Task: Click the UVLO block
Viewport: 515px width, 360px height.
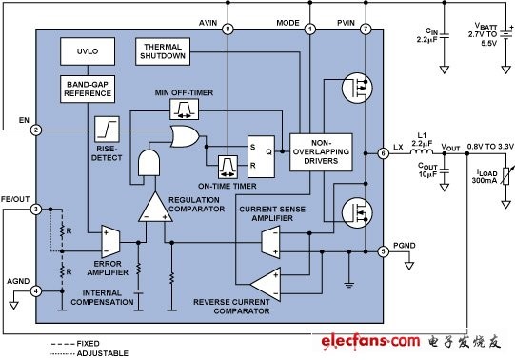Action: coord(88,51)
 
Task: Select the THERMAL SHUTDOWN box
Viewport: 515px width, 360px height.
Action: coord(163,51)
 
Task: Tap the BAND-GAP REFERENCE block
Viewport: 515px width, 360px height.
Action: coord(88,89)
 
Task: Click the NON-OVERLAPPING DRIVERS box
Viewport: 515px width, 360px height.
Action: coord(321,152)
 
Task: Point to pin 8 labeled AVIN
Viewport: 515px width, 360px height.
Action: coord(228,30)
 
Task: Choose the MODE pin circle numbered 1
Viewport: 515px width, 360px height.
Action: coord(309,30)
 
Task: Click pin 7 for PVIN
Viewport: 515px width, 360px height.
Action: coord(366,30)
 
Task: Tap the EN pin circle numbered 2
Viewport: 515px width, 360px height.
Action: coord(36,130)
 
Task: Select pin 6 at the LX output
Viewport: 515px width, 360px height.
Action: coord(383,153)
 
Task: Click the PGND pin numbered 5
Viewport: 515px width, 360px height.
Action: coord(383,251)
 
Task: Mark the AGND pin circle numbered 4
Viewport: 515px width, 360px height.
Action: coord(36,291)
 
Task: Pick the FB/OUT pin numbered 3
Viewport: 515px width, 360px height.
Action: coord(36,210)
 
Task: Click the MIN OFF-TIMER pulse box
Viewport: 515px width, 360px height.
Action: coord(185,110)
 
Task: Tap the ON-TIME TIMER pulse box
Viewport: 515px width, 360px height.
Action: coord(228,167)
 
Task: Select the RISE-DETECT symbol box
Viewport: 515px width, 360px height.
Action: coord(107,130)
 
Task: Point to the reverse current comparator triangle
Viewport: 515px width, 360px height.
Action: coord(266,284)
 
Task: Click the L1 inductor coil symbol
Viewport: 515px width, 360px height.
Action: coord(422,151)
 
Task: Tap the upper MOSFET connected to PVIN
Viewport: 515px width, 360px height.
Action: coord(357,88)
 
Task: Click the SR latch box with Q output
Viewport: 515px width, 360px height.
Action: coord(261,157)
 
